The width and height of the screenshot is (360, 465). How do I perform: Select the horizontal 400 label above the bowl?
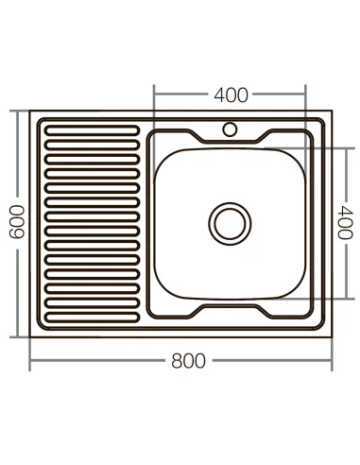231,95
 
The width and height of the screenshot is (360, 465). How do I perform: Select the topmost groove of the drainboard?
93,125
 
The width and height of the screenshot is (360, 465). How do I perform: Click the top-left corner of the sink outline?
31,112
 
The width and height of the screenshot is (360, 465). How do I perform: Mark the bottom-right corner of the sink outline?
335,336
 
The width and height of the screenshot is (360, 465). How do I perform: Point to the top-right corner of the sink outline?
335,112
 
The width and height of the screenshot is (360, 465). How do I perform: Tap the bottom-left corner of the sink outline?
31,336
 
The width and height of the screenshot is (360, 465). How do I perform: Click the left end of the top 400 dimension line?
154,95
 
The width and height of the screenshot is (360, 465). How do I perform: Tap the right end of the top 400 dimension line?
307,95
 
